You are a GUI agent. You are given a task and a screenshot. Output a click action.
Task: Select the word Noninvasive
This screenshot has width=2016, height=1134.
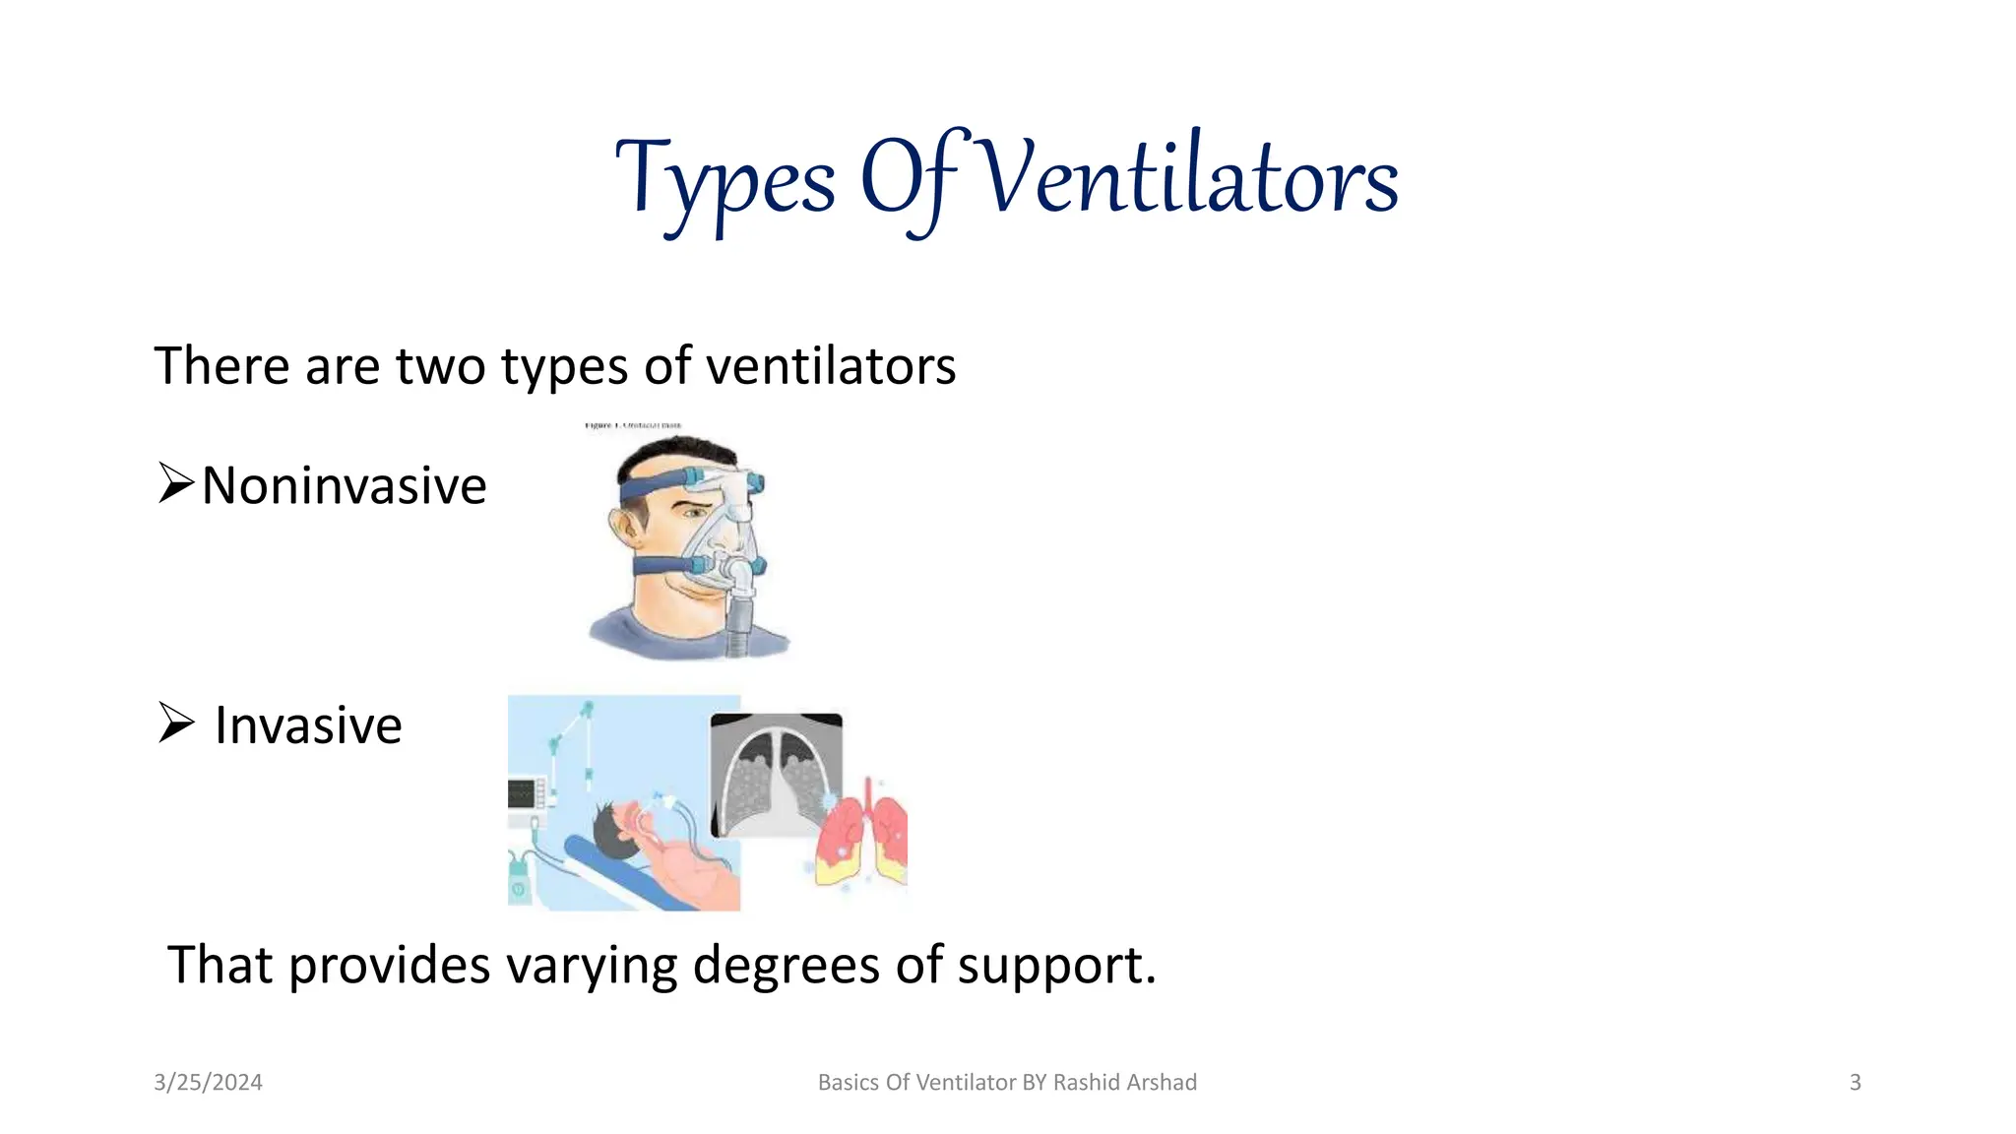pos(344,486)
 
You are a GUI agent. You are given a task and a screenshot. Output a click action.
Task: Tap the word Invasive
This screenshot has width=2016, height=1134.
pos(308,726)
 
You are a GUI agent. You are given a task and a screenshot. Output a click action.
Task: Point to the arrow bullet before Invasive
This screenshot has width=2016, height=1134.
pos(176,724)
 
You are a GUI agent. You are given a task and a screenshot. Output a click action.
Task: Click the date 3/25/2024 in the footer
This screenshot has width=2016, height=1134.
pos(208,1083)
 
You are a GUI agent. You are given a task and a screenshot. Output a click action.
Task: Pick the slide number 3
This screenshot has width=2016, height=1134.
pos(1855,1083)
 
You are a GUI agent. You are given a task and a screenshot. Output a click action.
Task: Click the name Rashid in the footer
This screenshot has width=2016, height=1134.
pos(1088,1083)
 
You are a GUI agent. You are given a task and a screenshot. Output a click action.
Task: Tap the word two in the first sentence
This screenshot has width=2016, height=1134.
pos(440,366)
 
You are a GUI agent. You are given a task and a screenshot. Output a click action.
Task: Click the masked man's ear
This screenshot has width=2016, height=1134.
pos(626,532)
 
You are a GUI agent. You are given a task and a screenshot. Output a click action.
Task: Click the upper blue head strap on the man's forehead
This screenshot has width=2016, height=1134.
pos(655,486)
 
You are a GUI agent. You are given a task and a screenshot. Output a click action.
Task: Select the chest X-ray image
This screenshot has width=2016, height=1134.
pos(776,774)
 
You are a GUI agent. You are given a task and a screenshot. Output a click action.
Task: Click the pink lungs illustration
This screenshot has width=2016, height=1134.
pos(864,837)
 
